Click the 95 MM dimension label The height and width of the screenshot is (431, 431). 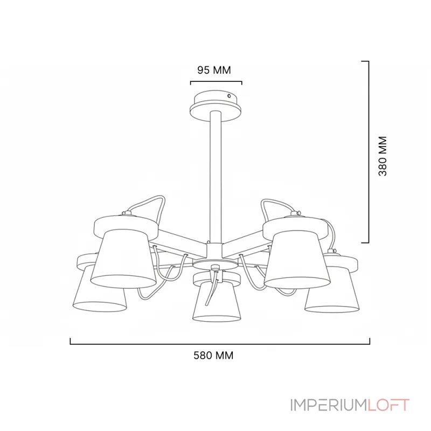point(214,70)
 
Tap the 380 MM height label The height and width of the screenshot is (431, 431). point(383,156)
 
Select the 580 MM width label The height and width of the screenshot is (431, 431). point(213,356)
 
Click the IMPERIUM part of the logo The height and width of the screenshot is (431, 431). point(329,405)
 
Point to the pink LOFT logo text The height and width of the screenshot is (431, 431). point(388,405)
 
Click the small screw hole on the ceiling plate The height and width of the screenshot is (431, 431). point(229,96)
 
